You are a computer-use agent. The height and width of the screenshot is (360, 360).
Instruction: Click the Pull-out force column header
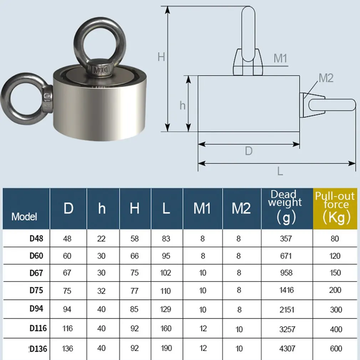tap(335, 209)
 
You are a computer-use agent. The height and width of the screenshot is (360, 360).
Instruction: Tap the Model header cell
tap(24, 216)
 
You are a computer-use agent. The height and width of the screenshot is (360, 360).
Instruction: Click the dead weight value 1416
tap(287, 290)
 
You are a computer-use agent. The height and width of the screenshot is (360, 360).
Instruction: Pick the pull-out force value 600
tap(336, 349)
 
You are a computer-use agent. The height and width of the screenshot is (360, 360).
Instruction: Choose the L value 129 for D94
tap(165, 309)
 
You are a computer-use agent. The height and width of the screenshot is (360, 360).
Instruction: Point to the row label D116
tap(38, 328)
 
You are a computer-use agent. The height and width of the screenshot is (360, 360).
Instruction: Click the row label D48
tap(36, 238)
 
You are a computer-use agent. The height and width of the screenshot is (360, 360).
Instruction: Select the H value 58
tap(134, 238)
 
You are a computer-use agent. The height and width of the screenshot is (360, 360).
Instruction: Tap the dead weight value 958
tap(286, 273)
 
